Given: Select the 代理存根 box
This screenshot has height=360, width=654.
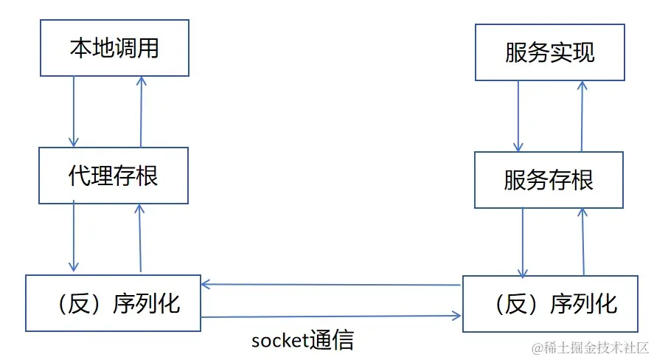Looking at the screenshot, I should coord(114,176).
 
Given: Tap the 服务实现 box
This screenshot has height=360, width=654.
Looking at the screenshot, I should coord(550,53).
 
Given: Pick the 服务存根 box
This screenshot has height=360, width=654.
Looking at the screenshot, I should coord(549,179).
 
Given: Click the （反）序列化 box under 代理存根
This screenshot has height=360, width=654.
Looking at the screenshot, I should coord(113,302).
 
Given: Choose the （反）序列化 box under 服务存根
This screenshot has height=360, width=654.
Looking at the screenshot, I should coord(550,303).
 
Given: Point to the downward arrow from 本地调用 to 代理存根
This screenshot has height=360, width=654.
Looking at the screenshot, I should coord(73,111).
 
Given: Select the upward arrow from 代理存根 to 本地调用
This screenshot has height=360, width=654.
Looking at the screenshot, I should coord(140,111).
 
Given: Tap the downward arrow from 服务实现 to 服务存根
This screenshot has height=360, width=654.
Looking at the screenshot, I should coord(518,116).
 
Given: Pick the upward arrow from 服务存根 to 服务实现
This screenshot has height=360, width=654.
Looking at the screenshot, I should coord(582,116).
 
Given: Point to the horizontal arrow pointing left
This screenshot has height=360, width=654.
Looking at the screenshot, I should coord(332,284).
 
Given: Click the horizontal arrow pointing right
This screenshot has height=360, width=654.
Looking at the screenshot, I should coord(332,317).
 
